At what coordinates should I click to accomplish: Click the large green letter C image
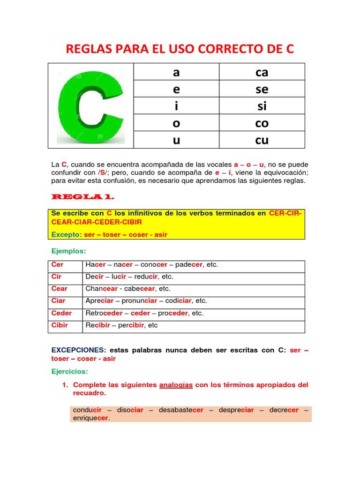click(x=90, y=106)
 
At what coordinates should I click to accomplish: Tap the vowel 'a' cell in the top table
click(x=176, y=73)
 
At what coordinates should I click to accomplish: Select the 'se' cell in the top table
click(x=262, y=89)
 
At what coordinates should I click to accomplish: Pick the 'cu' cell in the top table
click(x=262, y=140)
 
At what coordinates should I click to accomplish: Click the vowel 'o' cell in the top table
click(x=176, y=123)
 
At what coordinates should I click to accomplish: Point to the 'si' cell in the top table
click(x=262, y=106)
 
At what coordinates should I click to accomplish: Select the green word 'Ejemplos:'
click(x=68, y=252)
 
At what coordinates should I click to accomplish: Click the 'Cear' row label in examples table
click(x=59, y=289)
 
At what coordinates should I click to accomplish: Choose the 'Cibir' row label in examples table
click(x=60, y=325)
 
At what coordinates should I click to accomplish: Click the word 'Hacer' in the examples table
click(x=96, y=265)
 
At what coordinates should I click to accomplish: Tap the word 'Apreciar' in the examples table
click(x=99, y=301)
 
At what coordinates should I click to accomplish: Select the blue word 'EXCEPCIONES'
click(x=77, y=350)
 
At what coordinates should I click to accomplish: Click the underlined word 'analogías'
click(x=176, y=385)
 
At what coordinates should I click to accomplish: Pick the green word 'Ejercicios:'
click(x=70, y=371)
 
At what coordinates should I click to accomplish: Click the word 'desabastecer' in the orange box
click(x=181, y=410)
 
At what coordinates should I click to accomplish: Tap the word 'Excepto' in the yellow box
click(x=66, y=234)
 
